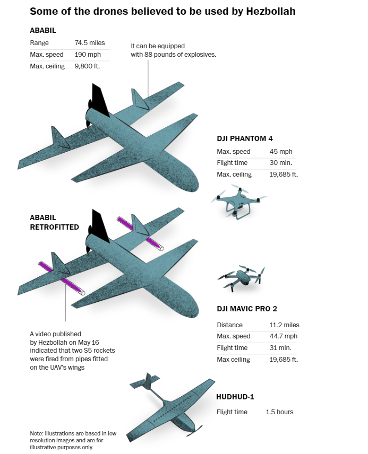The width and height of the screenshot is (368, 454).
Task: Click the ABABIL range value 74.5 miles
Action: click(x=90, y=43)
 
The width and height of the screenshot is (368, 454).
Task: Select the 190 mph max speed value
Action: click(x=88, y=55)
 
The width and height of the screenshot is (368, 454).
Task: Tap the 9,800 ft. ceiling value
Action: click(x=87, y=66)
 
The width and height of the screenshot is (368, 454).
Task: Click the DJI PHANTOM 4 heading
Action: click(x=244, y=138)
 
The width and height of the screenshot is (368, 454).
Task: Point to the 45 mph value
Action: click(x=281, y=152)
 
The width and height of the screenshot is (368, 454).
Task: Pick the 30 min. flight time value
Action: click(x=280, y=163)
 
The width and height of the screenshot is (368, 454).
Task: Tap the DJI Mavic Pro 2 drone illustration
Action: click(x=242, y=277)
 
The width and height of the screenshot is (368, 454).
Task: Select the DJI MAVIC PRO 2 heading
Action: click(x=247, y=309)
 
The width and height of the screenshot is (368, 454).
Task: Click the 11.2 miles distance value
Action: click(x=284, y=325)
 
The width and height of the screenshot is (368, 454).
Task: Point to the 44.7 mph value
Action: click(x=284, y=336)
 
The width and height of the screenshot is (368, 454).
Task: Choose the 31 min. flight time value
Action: click(x=280, y=348)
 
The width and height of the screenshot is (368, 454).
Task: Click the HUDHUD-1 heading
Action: click(x=235, y=397)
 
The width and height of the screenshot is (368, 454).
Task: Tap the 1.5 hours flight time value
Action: click(x=279, y=412)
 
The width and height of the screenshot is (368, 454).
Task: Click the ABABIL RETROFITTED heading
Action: click(x=54, y=222)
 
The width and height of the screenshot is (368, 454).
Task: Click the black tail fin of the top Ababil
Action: click(x=100, y=99)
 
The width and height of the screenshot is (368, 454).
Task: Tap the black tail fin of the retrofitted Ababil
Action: click(x=100, y=225)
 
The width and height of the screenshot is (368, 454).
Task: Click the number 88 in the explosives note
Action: click(x=148, y=55)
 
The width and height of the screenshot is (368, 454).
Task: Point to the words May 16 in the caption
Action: click(x=89, y=342)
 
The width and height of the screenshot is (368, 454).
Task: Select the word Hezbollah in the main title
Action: click(x=271, y=11)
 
